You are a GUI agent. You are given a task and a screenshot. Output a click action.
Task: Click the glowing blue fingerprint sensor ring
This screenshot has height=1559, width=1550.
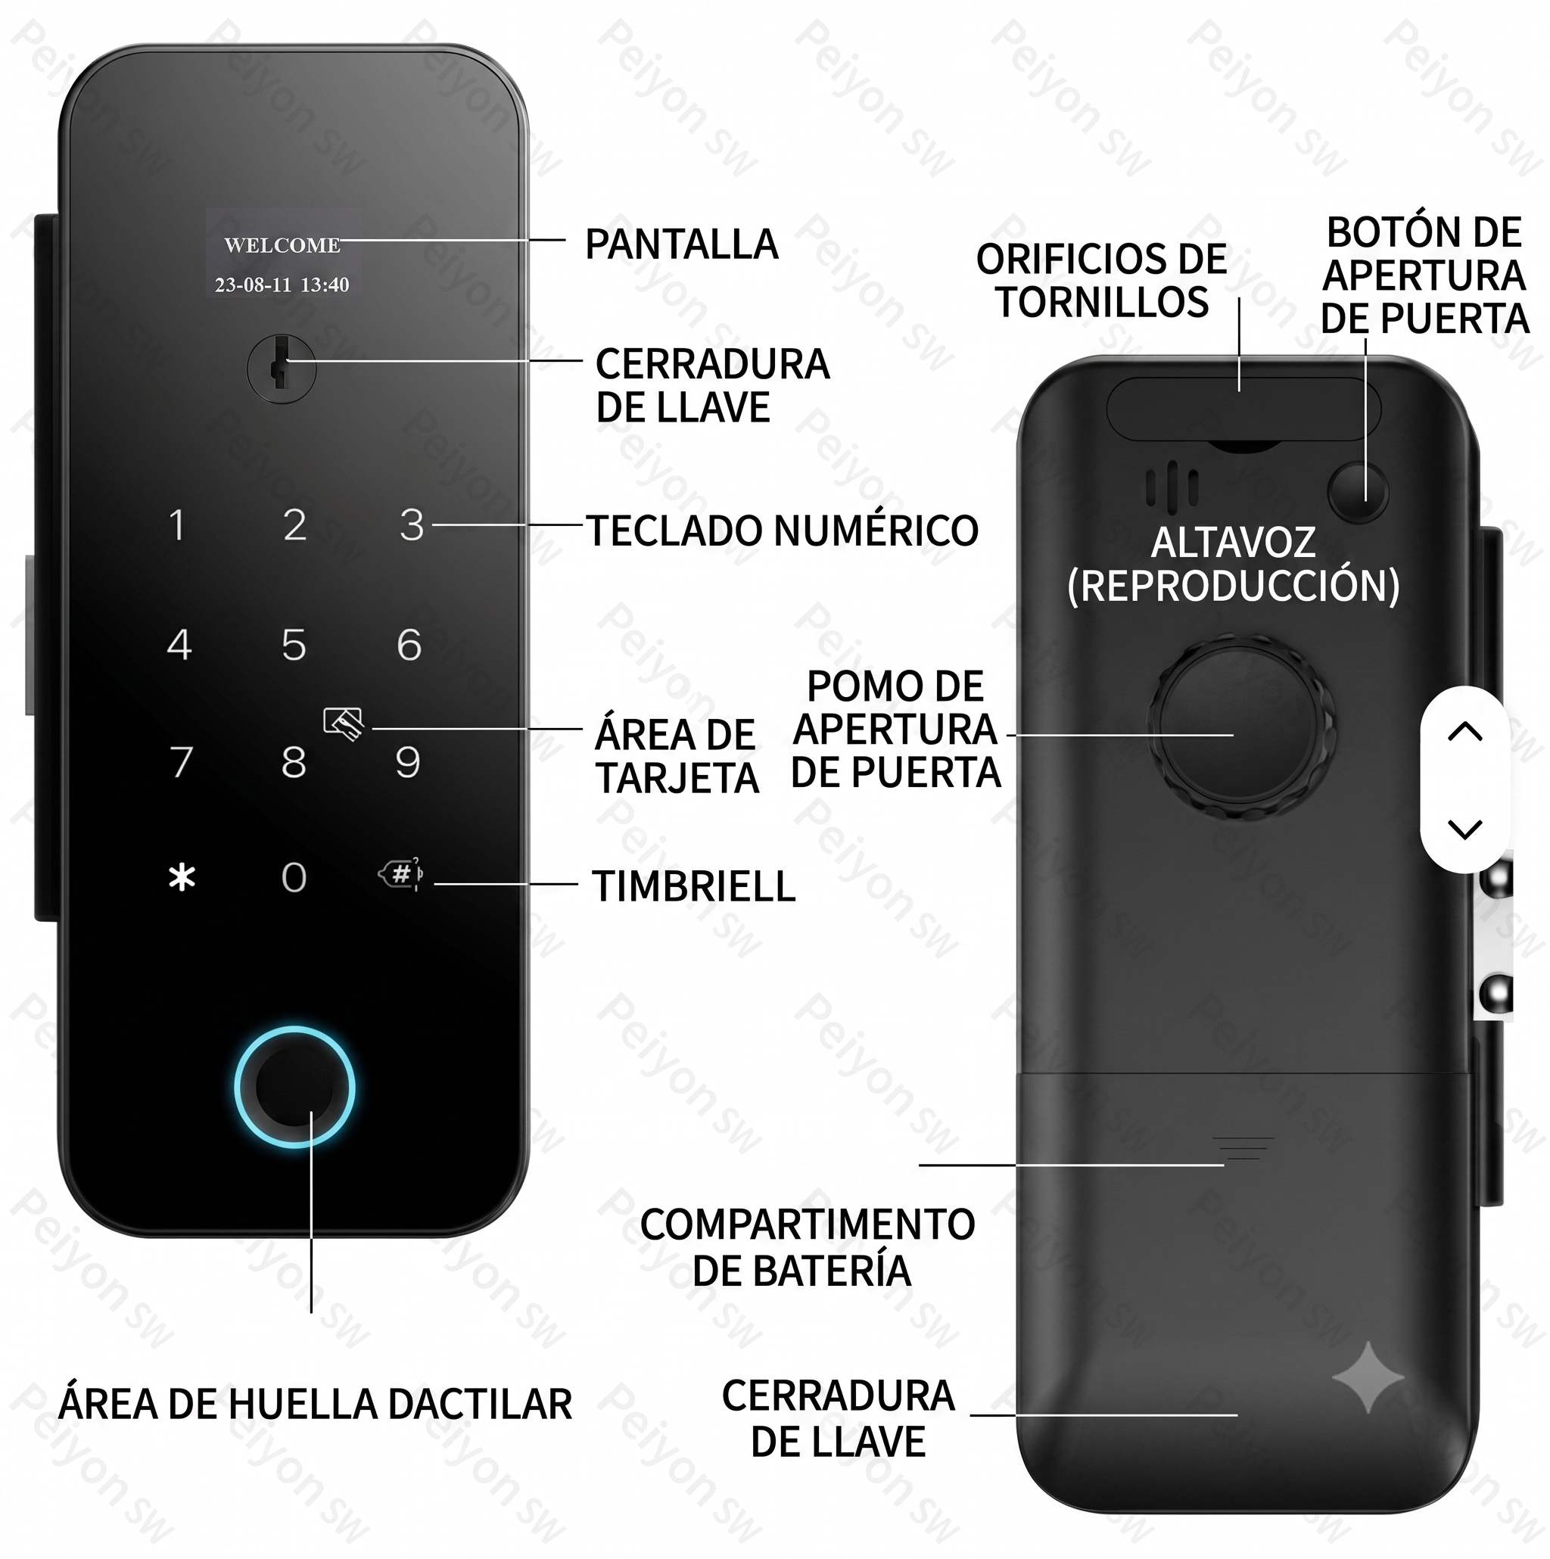coord(294,1087)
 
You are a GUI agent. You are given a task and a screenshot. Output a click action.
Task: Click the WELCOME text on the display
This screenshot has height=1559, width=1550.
coord(282,245)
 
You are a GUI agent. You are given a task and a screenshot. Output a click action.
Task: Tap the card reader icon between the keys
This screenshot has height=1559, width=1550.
coord(343,723)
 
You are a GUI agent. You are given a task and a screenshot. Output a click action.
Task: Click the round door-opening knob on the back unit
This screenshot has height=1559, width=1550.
coord(1240,724)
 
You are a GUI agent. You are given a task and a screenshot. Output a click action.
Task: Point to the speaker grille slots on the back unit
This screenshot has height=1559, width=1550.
coord(1172,488)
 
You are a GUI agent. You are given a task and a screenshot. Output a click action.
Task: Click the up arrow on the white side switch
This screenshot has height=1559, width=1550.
coord(1465,731)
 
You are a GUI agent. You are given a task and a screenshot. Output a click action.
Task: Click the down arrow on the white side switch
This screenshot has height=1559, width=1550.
coord(1465,829)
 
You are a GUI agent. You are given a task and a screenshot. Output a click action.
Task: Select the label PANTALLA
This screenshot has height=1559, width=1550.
coord(682,244)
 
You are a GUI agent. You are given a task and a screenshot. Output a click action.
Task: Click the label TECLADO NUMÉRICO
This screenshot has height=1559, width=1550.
coord(783,531)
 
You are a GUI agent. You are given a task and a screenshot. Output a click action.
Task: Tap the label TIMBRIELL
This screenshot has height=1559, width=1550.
coord(694,886)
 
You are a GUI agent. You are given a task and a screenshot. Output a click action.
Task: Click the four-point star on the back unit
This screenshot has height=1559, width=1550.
coord(1368,1377)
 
